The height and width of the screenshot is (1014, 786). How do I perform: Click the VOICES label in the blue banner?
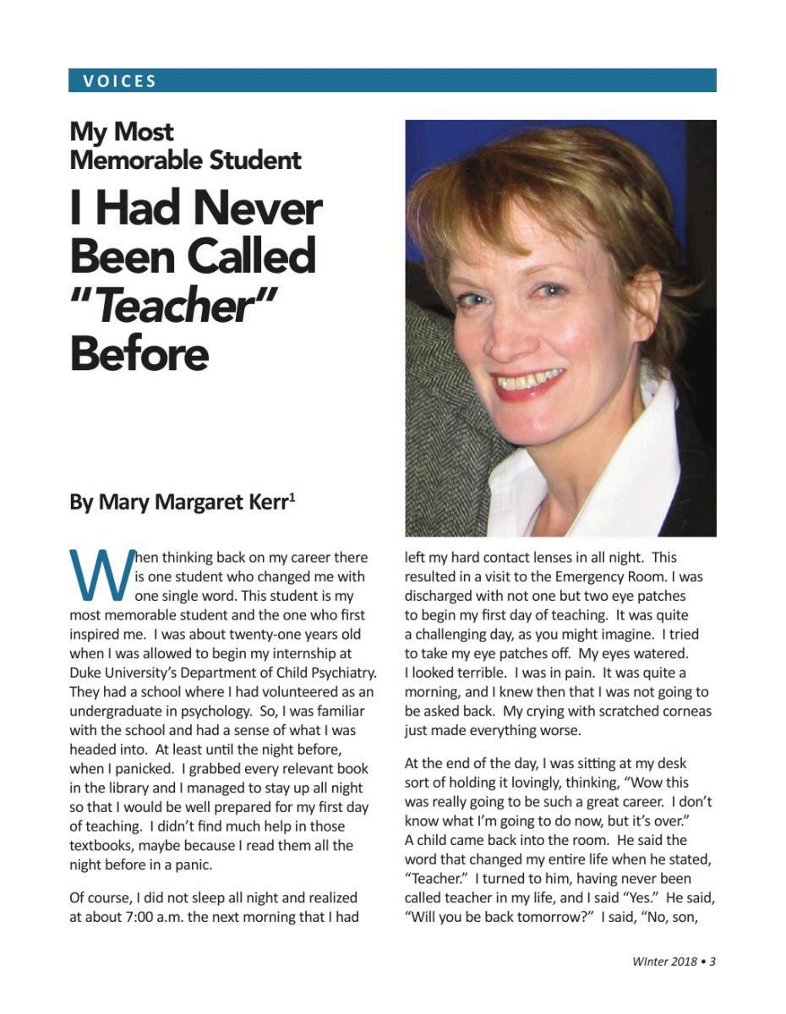click(120, 81)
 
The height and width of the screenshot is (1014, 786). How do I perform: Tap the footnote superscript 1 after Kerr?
click(292, 496)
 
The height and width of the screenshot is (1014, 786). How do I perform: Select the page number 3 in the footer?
click(712, 962)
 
